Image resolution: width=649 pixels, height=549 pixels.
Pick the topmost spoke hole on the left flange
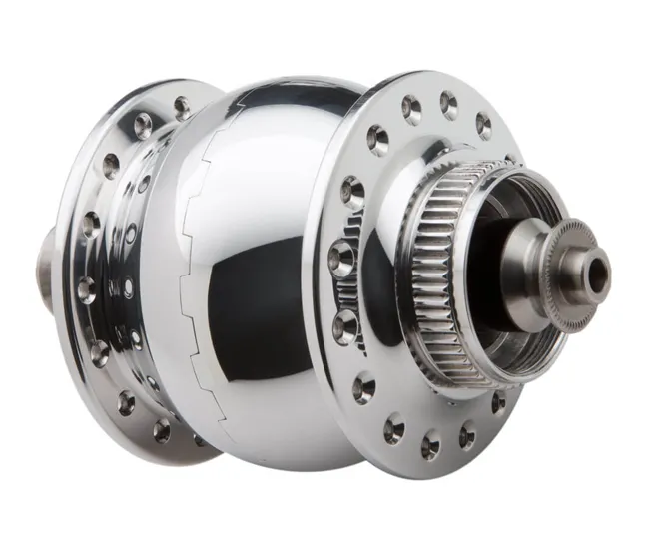182,104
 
